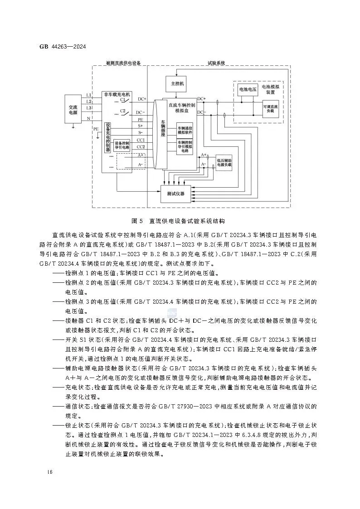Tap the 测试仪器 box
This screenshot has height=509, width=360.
click(x=175, y=194)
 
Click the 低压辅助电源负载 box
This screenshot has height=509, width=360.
click(x=224, y=162)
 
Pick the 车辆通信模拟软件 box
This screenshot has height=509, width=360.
click(x=185, y=131)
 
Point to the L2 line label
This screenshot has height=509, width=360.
click(x=88, y=102)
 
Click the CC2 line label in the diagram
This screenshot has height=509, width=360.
click(x=141, y=146)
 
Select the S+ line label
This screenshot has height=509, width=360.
click(x=141, y=126)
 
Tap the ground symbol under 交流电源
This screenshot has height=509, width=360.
click(x=73, y=127)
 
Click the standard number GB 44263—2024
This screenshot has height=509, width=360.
click(x=63, y=47)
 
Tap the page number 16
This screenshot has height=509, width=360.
click(x=49, y=472)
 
